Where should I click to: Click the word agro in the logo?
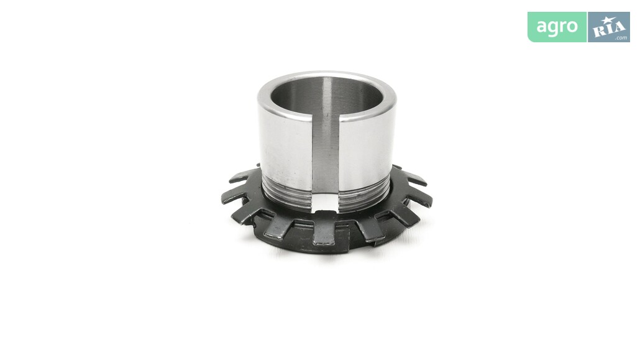557,27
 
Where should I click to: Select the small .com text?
621,38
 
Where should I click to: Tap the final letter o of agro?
572,27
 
